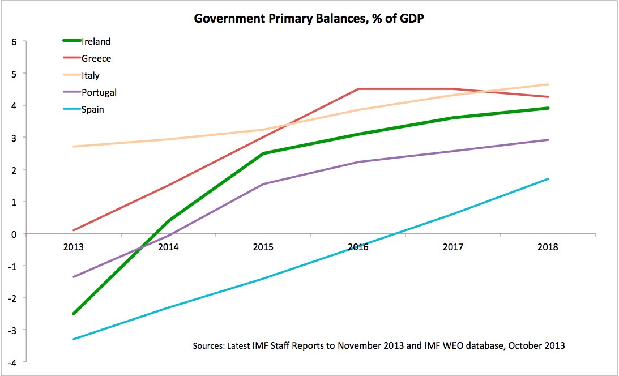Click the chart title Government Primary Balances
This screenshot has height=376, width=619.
coord(309,18)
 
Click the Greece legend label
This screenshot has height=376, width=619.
coord(96,58)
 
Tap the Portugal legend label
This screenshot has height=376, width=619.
coord(99,92)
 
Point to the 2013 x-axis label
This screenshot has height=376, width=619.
coord(74,247)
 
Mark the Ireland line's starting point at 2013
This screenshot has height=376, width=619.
coord(74,313)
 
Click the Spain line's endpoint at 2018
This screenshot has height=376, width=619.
coord(548,179)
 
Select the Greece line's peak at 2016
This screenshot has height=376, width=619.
coord(358,89)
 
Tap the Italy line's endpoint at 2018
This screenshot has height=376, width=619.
coord(548,84)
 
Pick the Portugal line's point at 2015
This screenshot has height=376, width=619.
coord(264,184)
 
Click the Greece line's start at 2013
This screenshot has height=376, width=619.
coord(74,230)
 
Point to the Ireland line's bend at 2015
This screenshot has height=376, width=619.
coord(264,153)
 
